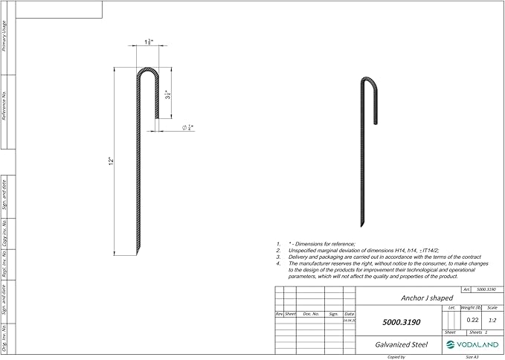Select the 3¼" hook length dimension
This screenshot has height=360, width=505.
click(x=169, y=95)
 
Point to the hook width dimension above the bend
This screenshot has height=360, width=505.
click(x=149, y=42)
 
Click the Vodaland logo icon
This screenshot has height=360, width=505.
click(x=451, y=344)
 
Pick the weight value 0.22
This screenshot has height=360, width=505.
click(x=472, y=320)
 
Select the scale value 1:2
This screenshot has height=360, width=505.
click(x=492, y=320)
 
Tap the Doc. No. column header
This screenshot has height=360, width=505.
click(x=311, y=314)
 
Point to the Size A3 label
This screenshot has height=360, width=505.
click(x=472, y=357)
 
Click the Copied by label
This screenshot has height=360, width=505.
click(x=397, y=357)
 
